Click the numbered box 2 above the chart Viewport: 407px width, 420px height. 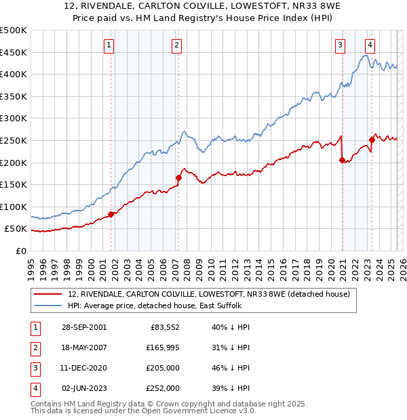coord(176,45)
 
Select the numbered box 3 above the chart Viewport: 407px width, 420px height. coord(340,45)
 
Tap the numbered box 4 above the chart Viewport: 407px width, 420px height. coord(370,45)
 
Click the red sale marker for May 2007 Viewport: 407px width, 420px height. coord(178,177)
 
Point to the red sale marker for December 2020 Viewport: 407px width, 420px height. coord(342,160)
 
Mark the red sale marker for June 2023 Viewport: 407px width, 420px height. coord(372,140)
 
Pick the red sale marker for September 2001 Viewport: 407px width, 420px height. coord(111,214)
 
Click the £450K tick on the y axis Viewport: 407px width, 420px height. coord(14,52)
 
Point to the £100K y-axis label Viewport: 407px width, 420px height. coord(14,207)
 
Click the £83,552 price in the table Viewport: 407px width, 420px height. coord(164,327)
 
